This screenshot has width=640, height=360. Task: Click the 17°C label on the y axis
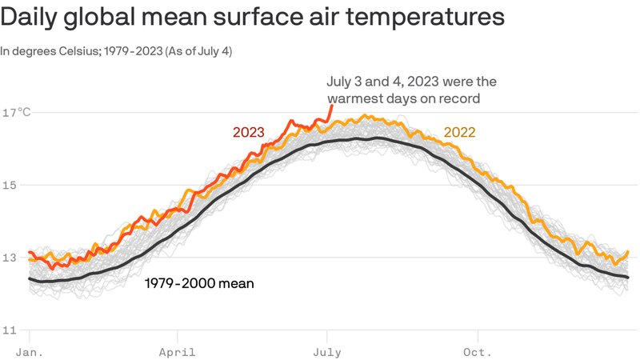16,112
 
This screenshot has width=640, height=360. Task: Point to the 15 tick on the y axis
10,186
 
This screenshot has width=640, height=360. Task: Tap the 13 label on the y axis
10,258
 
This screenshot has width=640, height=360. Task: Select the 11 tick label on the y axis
10,330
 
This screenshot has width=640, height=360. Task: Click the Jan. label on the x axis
30,352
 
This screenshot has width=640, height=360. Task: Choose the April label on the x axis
177,352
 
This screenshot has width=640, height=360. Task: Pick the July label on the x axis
327,352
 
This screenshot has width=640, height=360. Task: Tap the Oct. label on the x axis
477,352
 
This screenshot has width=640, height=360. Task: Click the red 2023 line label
249,132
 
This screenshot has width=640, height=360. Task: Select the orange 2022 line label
459,132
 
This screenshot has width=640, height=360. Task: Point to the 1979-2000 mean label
199,283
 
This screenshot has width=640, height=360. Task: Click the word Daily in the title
29,17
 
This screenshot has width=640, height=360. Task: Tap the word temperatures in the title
425,18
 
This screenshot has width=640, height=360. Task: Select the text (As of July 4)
198,51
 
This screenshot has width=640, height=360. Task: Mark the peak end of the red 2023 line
332,106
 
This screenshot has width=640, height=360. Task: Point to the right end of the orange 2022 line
628,252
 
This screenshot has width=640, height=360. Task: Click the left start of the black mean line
30,278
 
